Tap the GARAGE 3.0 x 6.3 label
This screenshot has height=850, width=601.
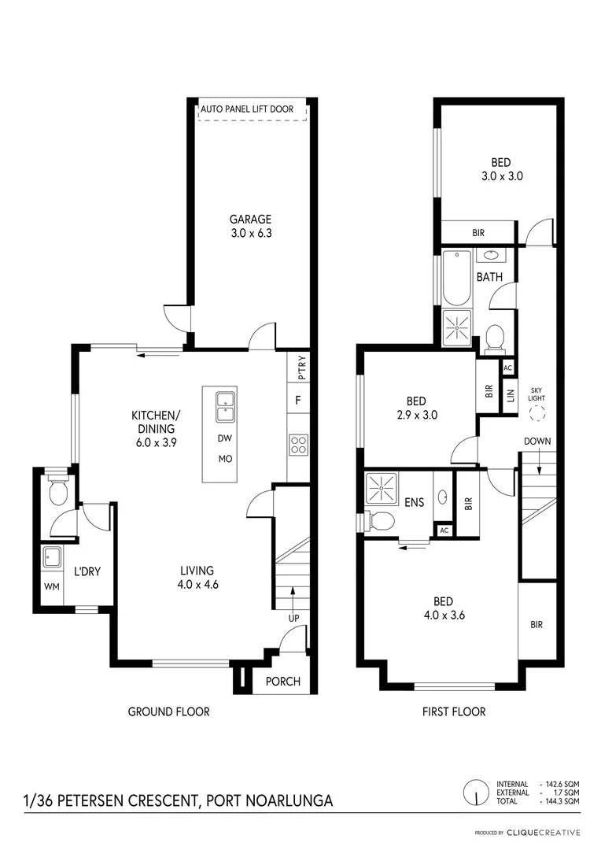(x=251, y=226)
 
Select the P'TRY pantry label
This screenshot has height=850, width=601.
(x=298, y=368)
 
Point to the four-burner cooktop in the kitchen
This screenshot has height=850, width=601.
(x=298, y=445)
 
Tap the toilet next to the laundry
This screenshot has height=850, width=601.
(x=57, y=490)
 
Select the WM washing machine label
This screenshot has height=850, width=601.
(x=52, y=587)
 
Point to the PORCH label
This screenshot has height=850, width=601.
(x=282, y=681)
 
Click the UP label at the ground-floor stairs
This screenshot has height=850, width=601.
(x=293, y=619)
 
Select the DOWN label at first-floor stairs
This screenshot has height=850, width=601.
(x=536, y=441)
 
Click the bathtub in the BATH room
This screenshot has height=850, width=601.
(x=456, y=277)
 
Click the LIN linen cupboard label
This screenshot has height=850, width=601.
(x=510, y=395)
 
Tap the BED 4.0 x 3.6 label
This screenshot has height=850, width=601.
(x=443, y=608)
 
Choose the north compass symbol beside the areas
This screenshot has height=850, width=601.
(x=477, y=791)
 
